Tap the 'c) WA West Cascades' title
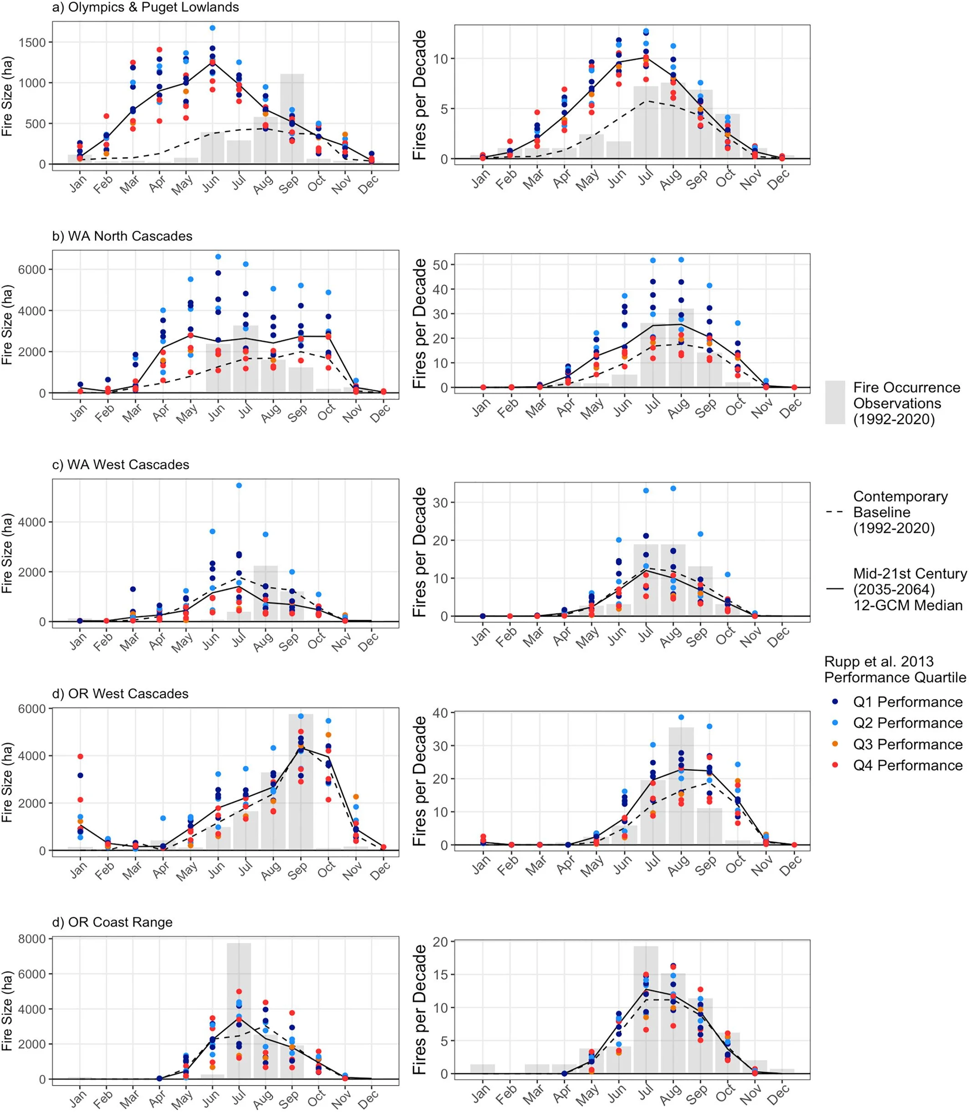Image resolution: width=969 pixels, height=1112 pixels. pyautogui.click(x=121, y=465)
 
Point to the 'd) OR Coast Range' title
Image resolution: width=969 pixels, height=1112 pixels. pyautogui.click(x=112, y=922)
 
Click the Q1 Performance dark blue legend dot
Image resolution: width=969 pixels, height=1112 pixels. pyautogui.click(x=836, y=702)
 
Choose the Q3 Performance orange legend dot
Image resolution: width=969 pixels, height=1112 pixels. pyautogui.click(x=836, y=744)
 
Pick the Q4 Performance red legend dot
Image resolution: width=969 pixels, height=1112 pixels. pyautogui.click(x=836, y=765)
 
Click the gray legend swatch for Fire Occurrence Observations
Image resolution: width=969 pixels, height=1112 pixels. pyautogui.click(x=835, y=403)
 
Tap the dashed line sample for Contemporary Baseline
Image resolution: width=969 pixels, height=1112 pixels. pyautogui.click(x=835, y=512)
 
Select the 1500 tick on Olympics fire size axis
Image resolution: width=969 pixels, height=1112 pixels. pyautogui.click(x=32, y=42)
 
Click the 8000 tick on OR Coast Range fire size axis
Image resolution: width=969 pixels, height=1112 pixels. pyautogui.click(x=32, y=939)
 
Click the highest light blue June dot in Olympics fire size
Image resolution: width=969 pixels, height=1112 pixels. pyautogui.click(x=213, y=28)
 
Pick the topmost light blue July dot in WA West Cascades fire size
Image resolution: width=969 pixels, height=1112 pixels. pyautogui.click(x=239, y=485)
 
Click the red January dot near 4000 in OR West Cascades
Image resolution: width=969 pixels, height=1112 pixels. pyautogui.click(x=80, y=757)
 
